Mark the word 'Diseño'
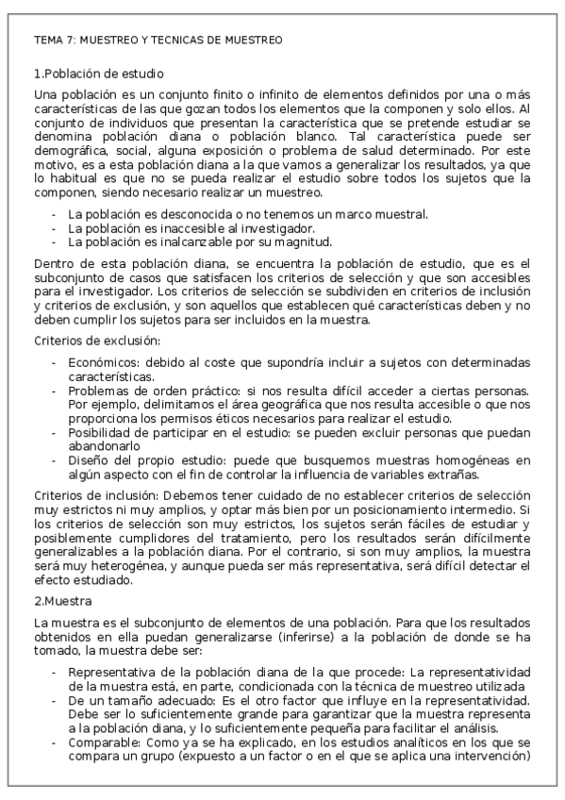click(x=87, y=460)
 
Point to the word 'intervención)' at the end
click(x=495, y=756)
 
